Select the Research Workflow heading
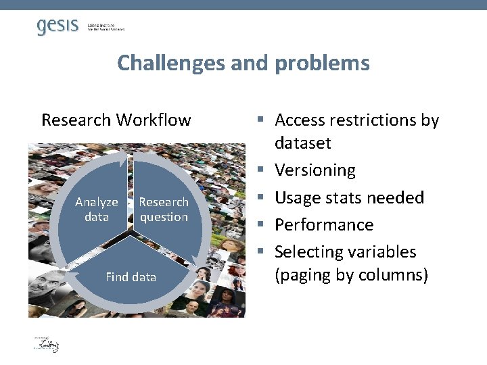(x=116, y=120)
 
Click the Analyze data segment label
(x=97, y=210)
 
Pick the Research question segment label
(x=164, y=210)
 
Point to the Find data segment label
(x=131, y=276)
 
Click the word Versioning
(x=315, y=170)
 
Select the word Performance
(x=324, y=224)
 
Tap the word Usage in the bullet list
(x=297, y=197)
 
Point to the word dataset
(x=302, y=143)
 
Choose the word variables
(x=386, y=251)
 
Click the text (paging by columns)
(x=351, y=275)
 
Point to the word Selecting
(x=308, y=251)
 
